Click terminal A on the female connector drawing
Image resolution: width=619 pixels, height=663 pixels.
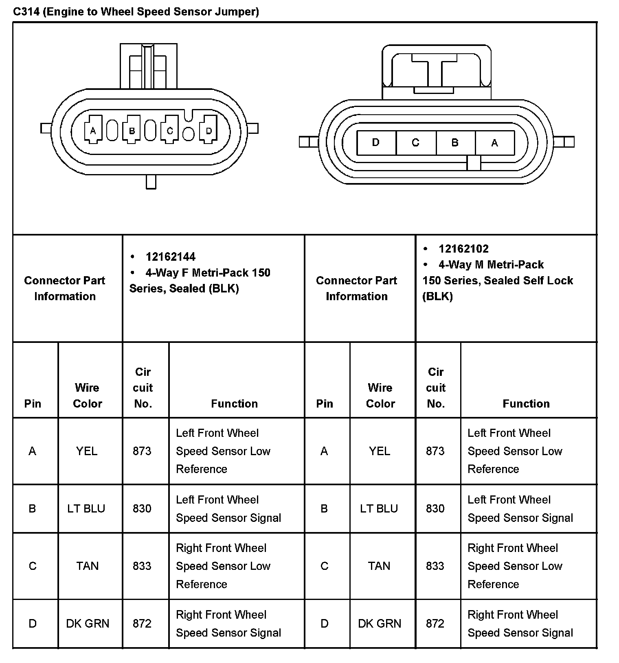coord(93,131)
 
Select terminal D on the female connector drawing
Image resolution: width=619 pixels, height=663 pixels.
coord(209,131)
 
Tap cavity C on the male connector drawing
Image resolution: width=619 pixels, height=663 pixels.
coord(415,143)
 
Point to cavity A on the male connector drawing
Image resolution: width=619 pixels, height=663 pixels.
coord(494,143)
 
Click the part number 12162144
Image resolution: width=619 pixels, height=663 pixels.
coord(170,257)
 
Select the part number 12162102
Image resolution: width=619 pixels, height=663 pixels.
coord(463,249)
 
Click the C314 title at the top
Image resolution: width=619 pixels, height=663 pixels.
coord(136,11)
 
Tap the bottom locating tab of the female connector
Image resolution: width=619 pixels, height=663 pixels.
coord(151,182)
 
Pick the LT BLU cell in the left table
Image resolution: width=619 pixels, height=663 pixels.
coord(86,508)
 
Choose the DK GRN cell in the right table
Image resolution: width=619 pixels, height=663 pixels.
coord(380,623)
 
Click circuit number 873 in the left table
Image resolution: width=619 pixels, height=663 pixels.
coord(142,451)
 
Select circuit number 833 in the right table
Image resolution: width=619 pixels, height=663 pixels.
coord(435,566)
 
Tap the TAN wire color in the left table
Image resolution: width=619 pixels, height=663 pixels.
coord(87,566)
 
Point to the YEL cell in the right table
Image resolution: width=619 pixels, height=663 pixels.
coord(380,451)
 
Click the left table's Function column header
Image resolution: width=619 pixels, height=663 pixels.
coord(234,403)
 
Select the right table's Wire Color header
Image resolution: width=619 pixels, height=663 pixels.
coord(380,395)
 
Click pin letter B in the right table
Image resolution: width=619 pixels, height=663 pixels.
coord(324,508)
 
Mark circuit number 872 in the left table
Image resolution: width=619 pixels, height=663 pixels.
coord(142,623)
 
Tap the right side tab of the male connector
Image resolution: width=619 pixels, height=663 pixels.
coord(564,142)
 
